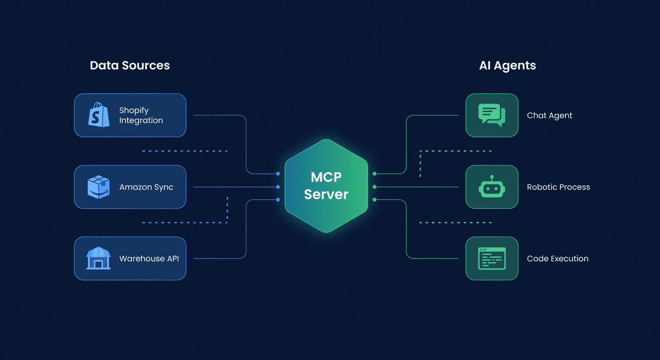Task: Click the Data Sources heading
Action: point(130,65)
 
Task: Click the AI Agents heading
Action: point(507,65)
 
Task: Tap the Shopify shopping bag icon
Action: point(99,115)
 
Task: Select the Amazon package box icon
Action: point(99,187)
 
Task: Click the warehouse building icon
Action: point(99,258)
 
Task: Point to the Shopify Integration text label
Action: point(141,115)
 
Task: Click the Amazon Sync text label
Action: point(146,187)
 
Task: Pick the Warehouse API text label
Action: point(149,259)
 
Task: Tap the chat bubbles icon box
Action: point(492,115)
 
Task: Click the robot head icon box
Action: point(492,187)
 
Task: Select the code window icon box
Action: point(492,258)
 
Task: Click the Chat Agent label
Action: point(549,115)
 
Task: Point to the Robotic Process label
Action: point(558,187)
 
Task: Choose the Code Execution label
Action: point(558,259)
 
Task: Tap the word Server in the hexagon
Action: point(326,195)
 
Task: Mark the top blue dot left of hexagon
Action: point(278,174)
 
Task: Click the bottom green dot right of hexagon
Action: point(375,200)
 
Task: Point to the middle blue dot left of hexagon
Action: point(278,187)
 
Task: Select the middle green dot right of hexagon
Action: point(375,187)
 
